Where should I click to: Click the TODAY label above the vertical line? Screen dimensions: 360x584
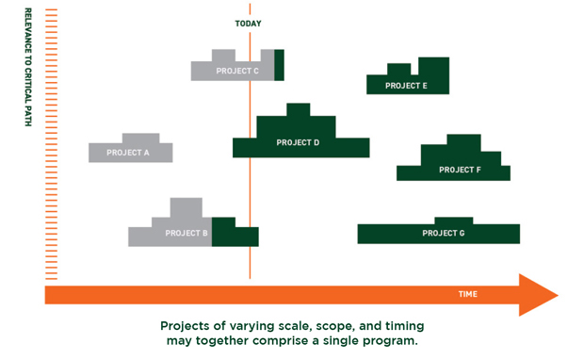[249, 24]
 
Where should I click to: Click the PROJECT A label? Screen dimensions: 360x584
[128, 152]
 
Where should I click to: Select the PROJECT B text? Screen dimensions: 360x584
[187, 233]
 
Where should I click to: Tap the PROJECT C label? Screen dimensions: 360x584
[237, 71]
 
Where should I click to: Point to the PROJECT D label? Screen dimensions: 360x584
[298, 142]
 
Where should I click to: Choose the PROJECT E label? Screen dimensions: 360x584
[406, 86]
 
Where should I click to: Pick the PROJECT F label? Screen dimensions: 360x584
[460, 170]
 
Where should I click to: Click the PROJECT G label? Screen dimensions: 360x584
[443, 233]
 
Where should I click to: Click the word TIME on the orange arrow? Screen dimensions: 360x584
[467, 294]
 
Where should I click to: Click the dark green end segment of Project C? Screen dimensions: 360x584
[279, 65]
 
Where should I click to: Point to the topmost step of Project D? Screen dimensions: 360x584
[298, 109]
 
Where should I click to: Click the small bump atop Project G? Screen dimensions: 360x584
[453, 221]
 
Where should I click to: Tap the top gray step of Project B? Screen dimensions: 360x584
[186, 206]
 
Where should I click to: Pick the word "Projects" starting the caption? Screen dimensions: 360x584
[187, 325]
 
